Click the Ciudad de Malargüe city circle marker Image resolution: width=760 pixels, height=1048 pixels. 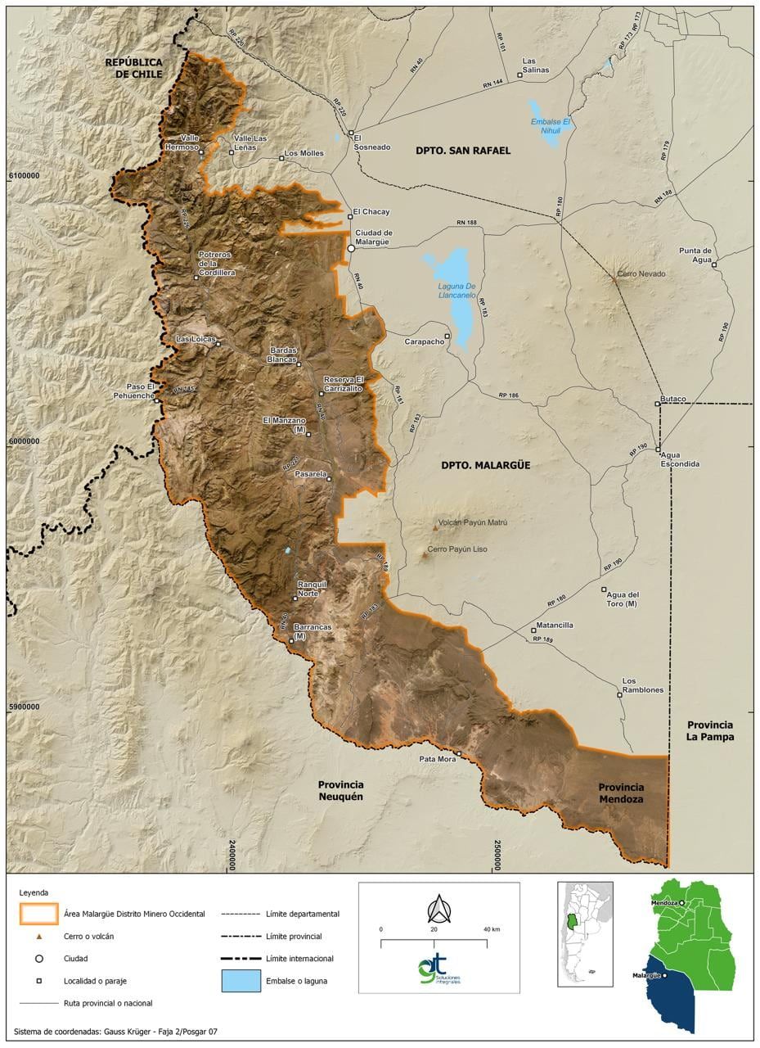[351, 247]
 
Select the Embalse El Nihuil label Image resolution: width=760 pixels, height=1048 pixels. [551, 125]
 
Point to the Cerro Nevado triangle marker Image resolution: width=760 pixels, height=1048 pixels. [614, 280]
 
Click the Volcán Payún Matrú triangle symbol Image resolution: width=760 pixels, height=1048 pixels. [435, 528]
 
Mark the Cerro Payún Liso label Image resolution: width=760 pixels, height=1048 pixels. [456, 549]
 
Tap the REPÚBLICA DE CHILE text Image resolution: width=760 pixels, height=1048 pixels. [133, 68]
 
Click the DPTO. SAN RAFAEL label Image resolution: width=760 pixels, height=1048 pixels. [462, 151]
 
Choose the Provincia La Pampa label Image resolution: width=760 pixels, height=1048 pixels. [710, 730]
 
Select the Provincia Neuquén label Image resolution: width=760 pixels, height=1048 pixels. [340, 790]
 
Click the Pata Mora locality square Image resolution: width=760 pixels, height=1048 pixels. [459, 753]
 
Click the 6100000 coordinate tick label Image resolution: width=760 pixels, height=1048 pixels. [24, 175]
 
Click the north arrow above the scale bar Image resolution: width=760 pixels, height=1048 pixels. [439, 909]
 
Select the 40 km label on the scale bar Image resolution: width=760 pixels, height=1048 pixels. [491, 929]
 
